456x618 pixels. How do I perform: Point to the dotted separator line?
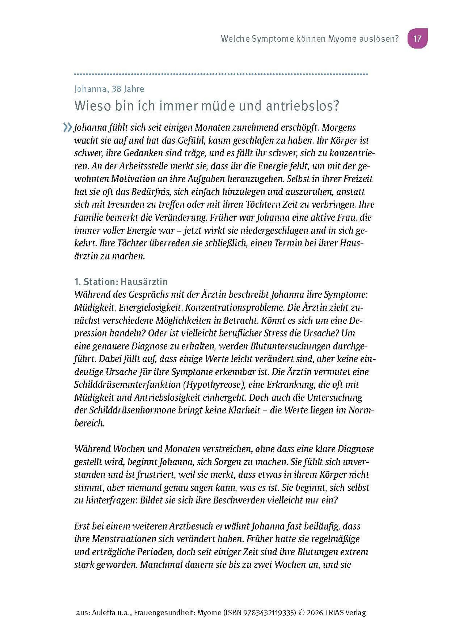pyautogui.click(x=221, y=74)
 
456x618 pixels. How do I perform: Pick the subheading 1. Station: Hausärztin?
pyautogui.click(x=121, y=282)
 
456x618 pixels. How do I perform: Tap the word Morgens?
pyautogui.click(x=339, y=127)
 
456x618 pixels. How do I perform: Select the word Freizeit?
pyautogui.click(x=358, y=179)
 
